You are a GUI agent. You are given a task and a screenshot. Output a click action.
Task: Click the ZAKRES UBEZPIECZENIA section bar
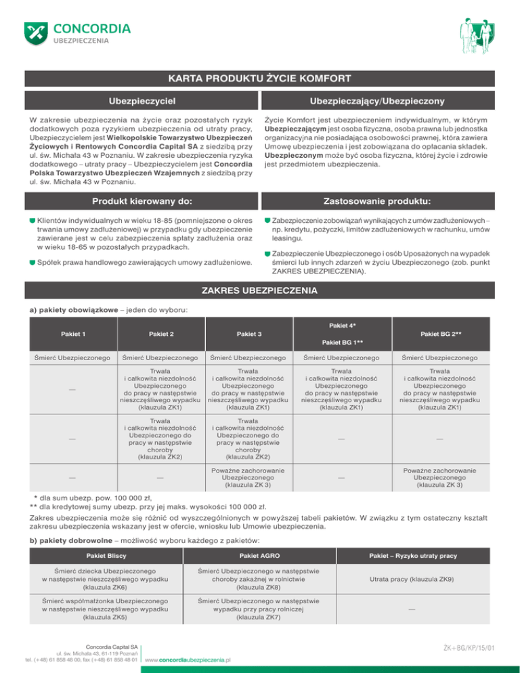[x=259, y=292]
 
